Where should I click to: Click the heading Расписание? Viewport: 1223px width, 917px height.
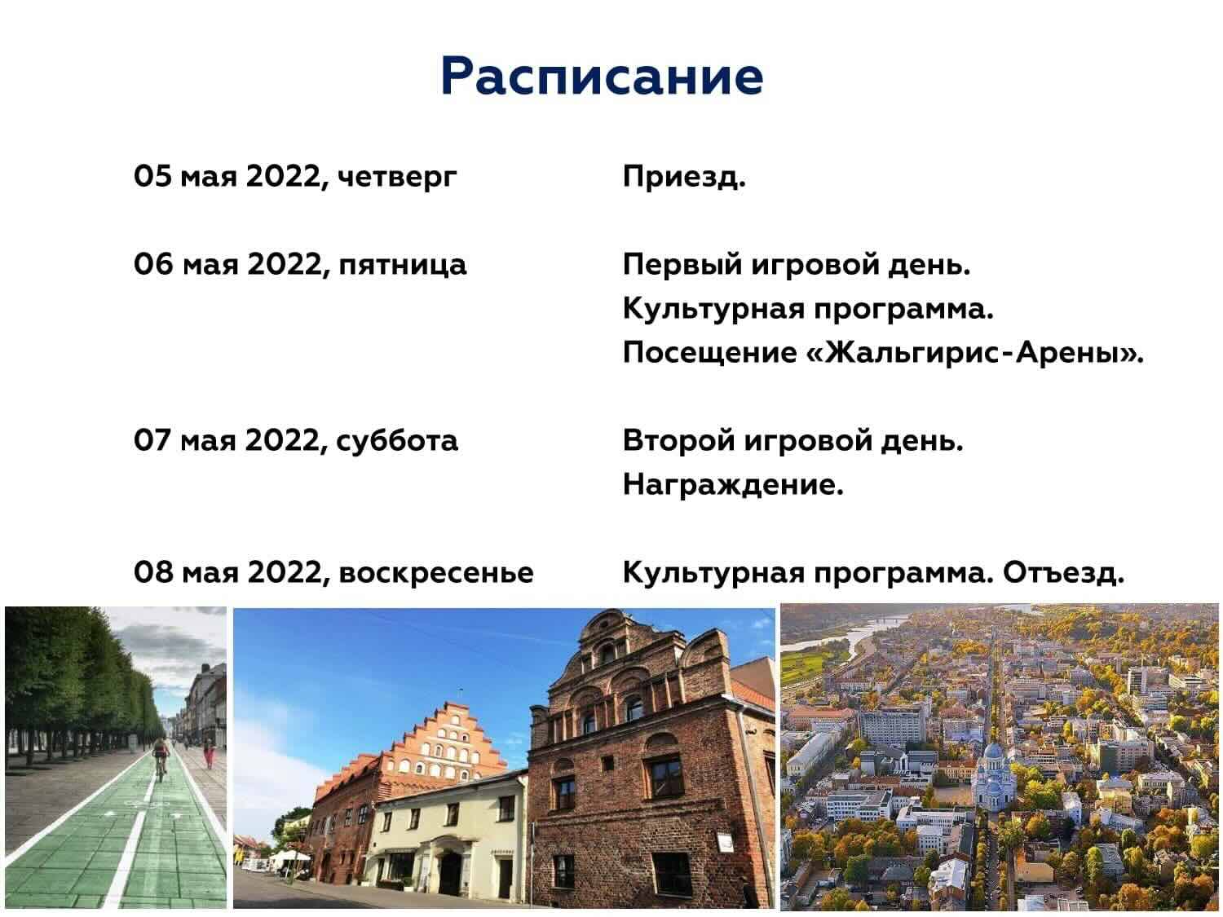click(x=602, y=77)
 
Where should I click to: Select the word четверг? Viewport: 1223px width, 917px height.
click(x=397, y=178)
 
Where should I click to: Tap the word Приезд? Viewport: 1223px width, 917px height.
click(x=684, y=177)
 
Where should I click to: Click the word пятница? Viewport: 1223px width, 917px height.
click(x=402, y=265)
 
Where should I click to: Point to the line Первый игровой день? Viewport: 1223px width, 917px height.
click(x=797, y=265)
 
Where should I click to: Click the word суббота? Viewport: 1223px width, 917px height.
click(x=397, y=440)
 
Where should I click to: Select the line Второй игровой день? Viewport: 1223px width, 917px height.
click(x=793, y=441)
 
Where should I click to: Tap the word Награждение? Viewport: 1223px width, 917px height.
click(x=733, y=484)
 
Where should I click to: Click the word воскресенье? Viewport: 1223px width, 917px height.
click(x=436, y=573)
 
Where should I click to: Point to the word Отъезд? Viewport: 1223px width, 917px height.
click(x=1063, y=572)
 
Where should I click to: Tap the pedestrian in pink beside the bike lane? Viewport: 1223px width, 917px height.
click(x=209, y=752)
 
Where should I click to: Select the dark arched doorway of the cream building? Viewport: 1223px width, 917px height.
click(x=450, y=859)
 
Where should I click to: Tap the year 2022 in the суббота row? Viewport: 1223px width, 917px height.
click(x=281, y=440)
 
